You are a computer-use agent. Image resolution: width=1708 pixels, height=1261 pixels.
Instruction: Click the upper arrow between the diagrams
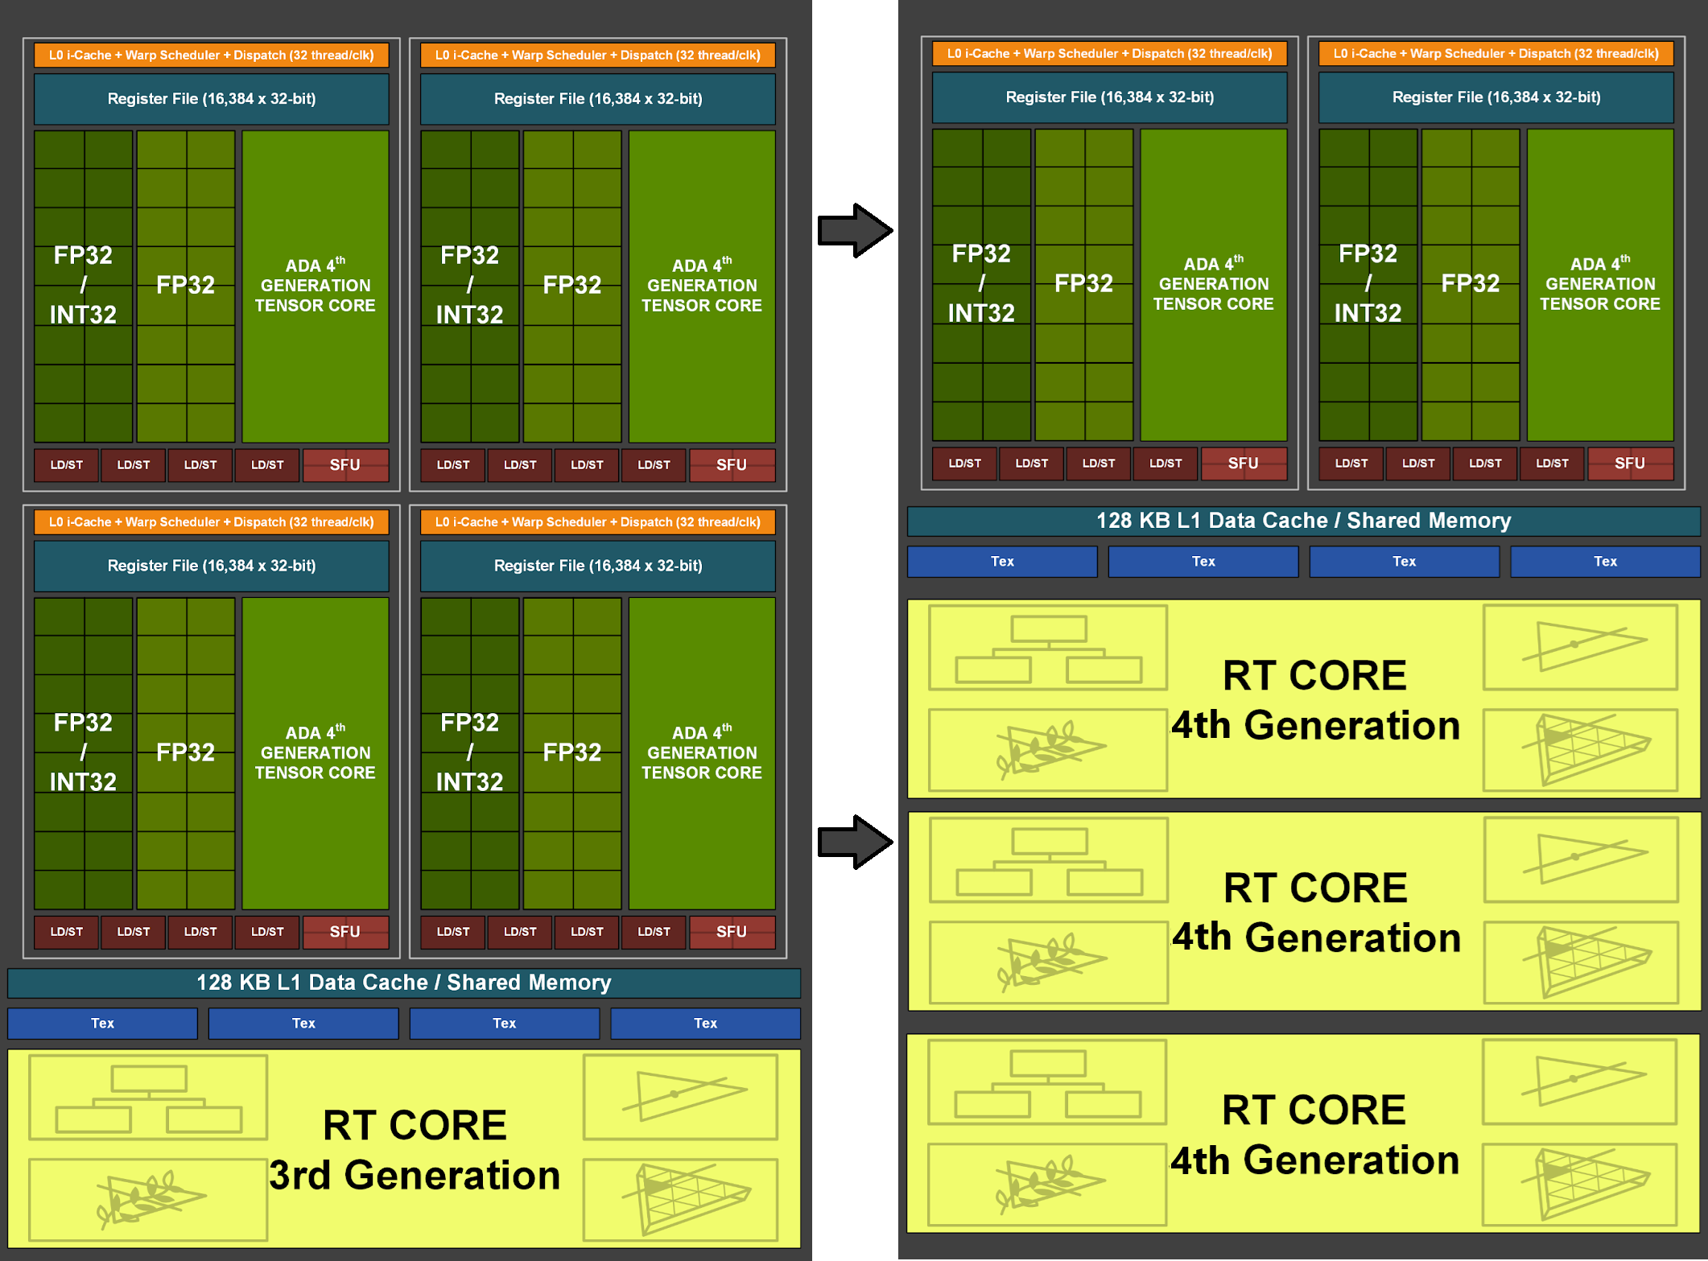coord(853,231)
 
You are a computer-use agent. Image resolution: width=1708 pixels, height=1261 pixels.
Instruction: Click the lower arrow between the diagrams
coord(853,843)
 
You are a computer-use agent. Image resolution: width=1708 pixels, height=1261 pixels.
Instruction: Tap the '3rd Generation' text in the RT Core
coord(415,1175)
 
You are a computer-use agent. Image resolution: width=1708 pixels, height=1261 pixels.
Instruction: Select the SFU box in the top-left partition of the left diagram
coord(345,465)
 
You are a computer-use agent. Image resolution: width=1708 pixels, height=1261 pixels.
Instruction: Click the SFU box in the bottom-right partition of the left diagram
coord(732,932)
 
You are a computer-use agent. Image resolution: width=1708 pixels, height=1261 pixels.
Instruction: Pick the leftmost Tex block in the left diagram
coord(102,1024)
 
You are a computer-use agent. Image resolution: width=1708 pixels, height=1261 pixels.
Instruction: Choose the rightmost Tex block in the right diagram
coord(1605,562)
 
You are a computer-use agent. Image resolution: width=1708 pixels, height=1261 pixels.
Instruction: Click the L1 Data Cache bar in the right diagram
coord(1303,521)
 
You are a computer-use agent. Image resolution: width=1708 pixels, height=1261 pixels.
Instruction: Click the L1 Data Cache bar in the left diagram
coord(404,983)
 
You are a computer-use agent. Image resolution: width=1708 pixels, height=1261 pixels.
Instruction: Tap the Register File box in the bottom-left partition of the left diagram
coord(212,566)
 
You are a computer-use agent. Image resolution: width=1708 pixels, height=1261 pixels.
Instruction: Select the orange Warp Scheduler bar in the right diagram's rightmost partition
coord(1496,54)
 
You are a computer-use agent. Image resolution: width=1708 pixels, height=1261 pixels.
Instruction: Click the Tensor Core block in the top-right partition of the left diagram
coord(701,286)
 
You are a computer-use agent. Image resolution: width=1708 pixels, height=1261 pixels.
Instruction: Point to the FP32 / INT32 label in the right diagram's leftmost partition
coord(981,283)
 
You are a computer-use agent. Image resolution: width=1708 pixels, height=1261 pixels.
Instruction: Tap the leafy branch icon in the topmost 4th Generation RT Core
coord(1048,749)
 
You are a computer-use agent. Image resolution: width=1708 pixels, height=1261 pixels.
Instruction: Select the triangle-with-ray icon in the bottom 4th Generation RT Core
coord(1580,1080)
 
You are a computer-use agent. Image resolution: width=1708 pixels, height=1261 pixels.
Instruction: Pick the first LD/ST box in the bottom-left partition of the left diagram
coord(67,932)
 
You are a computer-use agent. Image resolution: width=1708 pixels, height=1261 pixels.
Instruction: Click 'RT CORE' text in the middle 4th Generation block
coord(1315,888)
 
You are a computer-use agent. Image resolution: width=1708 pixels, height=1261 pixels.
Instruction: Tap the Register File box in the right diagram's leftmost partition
coord(1109,97)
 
